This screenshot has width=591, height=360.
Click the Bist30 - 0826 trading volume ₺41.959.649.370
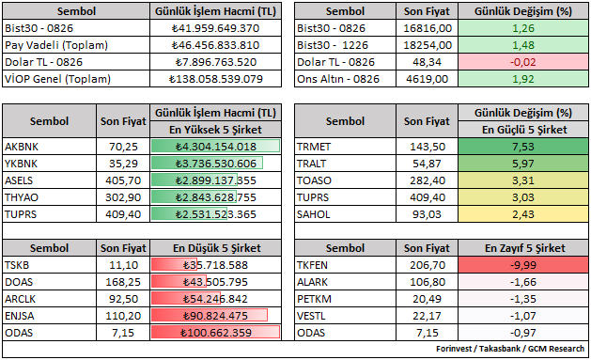tap(215, 28)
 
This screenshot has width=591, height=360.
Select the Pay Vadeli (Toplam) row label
tap(56, 45)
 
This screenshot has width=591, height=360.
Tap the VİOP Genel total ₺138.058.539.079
tap(215, 79)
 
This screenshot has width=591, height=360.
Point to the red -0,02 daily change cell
tap(523, 62)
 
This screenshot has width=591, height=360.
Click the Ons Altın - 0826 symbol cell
tap(345, 79)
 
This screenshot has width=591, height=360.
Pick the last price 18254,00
tap(428, 45)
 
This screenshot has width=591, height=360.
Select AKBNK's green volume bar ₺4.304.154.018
tap(215, 147)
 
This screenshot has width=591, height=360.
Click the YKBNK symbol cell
tap(50, 164)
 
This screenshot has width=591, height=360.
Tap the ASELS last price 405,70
tap(123, 180)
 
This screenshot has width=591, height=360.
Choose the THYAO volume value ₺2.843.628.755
tap(215, 197)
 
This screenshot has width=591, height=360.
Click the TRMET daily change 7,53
tap(523, 147)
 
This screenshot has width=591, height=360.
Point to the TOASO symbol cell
tap(345, 180)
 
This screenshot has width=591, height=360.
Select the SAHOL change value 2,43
tap(523, 214)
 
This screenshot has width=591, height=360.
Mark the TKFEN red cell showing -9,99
tap(523, 265)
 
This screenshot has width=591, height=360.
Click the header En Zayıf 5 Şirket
tap(524, 248)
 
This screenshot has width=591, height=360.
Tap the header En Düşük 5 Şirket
tap(217, 248)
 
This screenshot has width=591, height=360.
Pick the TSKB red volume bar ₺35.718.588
tap(174, 265)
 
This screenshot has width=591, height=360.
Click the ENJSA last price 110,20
tap(123, 316)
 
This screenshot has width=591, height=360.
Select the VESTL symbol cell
tap(345, 316)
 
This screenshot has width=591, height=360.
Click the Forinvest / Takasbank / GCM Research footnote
tap(510, 349)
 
